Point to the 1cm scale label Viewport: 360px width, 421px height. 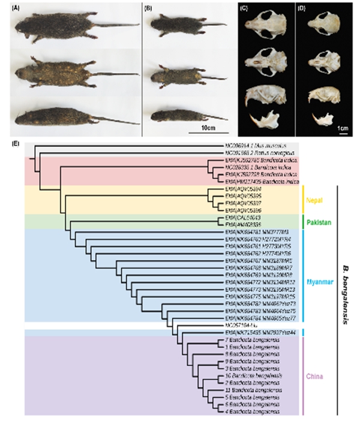[343, 128]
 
